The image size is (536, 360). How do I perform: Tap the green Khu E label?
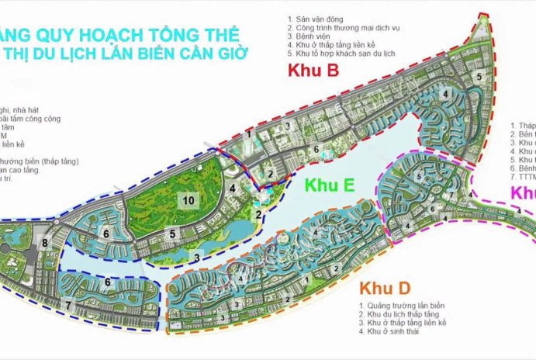[329, 185]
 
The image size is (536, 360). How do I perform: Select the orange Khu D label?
[386, 289]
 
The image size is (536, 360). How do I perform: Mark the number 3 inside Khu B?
[287, 126]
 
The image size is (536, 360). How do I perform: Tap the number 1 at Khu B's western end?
[249, 134]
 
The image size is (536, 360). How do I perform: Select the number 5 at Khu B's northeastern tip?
[479, 75]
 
